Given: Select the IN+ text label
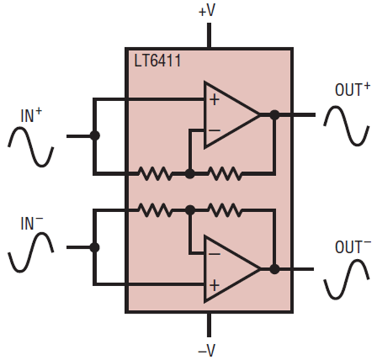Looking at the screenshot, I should (x=31, y=117).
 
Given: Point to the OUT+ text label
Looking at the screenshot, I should (x=352, y=90).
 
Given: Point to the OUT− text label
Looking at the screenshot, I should (x=352, y=247).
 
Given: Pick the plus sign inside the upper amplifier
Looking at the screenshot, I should (x=214, y=100).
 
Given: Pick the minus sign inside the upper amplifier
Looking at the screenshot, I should (x=214, y=131).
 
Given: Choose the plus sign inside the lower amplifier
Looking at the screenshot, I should (x=214, y=285).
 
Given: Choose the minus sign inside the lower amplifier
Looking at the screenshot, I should (x=214, y=254).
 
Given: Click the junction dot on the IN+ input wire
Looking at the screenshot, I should (x=95, y=136).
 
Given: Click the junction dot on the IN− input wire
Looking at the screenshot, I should (x=95, y=247).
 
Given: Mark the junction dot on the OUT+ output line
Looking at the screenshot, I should (x=274, y=115).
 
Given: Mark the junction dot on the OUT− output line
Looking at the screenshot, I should (x=274, y=269).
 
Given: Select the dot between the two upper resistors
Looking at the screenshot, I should (x=190, y=173).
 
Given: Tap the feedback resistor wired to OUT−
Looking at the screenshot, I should (x=225, y=210).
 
